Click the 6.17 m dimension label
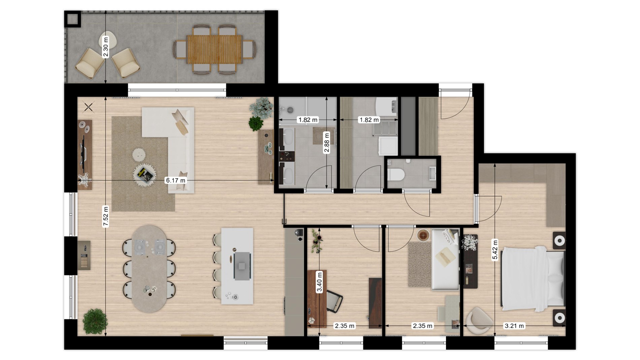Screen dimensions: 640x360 pyautogui.click(x=175, y=181)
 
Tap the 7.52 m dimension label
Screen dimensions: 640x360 pyautogui.click(x=106, y=217)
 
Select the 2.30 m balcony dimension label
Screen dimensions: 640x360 pyautogui.click(x=106, y=47)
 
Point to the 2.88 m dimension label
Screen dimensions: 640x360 pyautogui.click(x=326, y=143)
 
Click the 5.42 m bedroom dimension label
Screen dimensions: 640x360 pyautogui.click(x=495, y=250)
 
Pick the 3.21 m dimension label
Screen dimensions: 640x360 pyautogui.click(x=514, y=326)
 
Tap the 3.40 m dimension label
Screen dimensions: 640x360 pyautogui.click(x=319, y=282)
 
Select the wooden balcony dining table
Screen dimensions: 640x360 pyautogui.click(x=215, y=50)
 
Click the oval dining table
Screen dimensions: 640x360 pyautogui.click(x=149, y=269)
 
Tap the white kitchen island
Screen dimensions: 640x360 pyautogui.click(x=237, y=266)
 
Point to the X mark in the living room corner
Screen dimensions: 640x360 pyautogui.click(x=89, y=107)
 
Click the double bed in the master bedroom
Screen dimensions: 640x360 pyautogui.click(x=532, y=279)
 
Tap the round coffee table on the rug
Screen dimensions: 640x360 pyautogui.click(x=145, y=174)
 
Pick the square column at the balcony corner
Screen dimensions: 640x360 pyautogui.click(x=72, y=19)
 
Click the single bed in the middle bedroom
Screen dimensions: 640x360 pyautogui.click(x=445, y=259)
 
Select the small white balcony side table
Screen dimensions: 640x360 pyautogui.click(x=108, y=41)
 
